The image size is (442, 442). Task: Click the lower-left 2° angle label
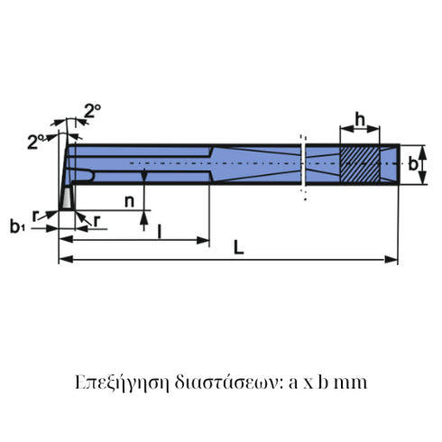(35, 141)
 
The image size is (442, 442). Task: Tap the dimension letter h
(359, 120)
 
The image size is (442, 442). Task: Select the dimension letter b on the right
(413, 164)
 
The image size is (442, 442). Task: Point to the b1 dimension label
(17, 226)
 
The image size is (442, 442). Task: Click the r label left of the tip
(34, 216)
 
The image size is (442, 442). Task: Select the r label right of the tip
(97, 219)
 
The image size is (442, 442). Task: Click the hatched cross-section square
(359, 163)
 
